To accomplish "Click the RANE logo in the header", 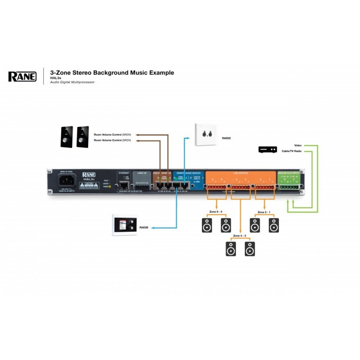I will [x=22, y=76].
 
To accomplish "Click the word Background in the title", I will [x=112, y=72].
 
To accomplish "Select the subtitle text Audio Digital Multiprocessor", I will [x=72, y=82].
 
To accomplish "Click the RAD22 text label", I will [x=227, y=139].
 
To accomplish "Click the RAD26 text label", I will [x=144, y=228].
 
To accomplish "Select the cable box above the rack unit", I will [x=267, y=149].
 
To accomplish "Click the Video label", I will [x=298, y=145].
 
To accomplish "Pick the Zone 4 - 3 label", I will [x=240, y=235].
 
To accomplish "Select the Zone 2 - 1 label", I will [x=264, y=211].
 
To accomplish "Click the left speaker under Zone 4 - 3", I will [x=231, y=248].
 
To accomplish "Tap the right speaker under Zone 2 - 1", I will [x=273, y=225].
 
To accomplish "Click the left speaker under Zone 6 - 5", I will [x=207, y=225].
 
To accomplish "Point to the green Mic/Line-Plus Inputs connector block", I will [x=288, y=185].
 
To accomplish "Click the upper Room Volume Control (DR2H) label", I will [x=112, y=135].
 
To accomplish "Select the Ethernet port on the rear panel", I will [x=124, y=185].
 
